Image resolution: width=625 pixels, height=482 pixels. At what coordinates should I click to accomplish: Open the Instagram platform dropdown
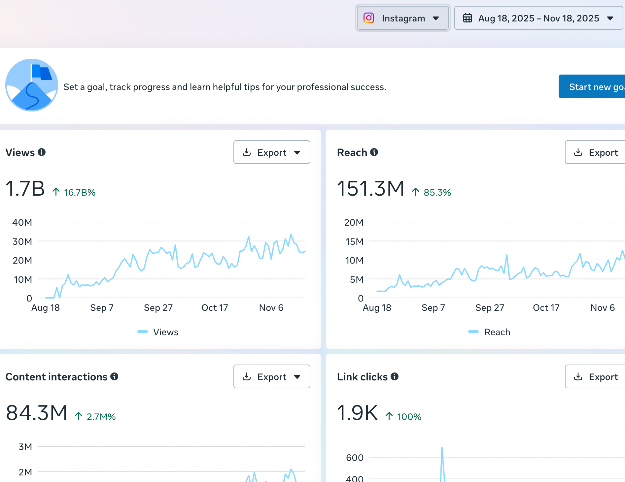click(x=402, y=18)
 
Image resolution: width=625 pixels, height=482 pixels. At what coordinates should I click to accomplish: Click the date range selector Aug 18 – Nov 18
click(x=538, y=18)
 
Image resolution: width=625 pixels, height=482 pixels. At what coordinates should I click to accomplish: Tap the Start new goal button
click(x=592, y=87)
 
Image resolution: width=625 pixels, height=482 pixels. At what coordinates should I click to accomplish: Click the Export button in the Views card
click(x=272, y=152)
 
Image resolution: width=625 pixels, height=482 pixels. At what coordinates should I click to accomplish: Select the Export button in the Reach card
click(x=595, y=152)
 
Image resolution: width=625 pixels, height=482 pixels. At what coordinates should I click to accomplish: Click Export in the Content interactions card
click(x=272, y=376)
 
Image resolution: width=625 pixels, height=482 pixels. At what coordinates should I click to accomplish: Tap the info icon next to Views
click(x=42, y=152)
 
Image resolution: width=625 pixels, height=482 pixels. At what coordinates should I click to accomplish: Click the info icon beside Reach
click(x=374, y=152)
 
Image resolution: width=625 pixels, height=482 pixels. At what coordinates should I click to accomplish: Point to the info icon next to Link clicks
click(x=395, y=376)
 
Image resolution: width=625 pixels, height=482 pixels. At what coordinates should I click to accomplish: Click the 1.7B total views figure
click(x=25, y=188)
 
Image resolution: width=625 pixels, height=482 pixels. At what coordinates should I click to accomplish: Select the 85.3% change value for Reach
click(x=437, y=192)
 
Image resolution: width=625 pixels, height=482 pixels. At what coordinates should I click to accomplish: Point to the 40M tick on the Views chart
click(x=22, y=222)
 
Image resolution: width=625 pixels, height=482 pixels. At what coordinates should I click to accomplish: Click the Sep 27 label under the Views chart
click(x=158, y=308)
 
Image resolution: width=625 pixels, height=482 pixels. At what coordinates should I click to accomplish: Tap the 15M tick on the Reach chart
click(x=354, y=241)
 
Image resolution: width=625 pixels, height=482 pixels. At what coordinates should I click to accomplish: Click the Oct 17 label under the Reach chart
click(x=546, y=308)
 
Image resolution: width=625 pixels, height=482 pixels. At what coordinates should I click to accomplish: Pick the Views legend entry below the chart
click(x=158, y=332)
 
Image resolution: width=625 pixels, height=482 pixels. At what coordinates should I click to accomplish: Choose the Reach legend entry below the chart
click(x=489, y=332)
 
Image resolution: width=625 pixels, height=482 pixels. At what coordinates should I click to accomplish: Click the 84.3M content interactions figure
click(x=37, y=413)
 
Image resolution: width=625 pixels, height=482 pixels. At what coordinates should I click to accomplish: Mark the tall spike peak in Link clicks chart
click(x=442, y=447)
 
